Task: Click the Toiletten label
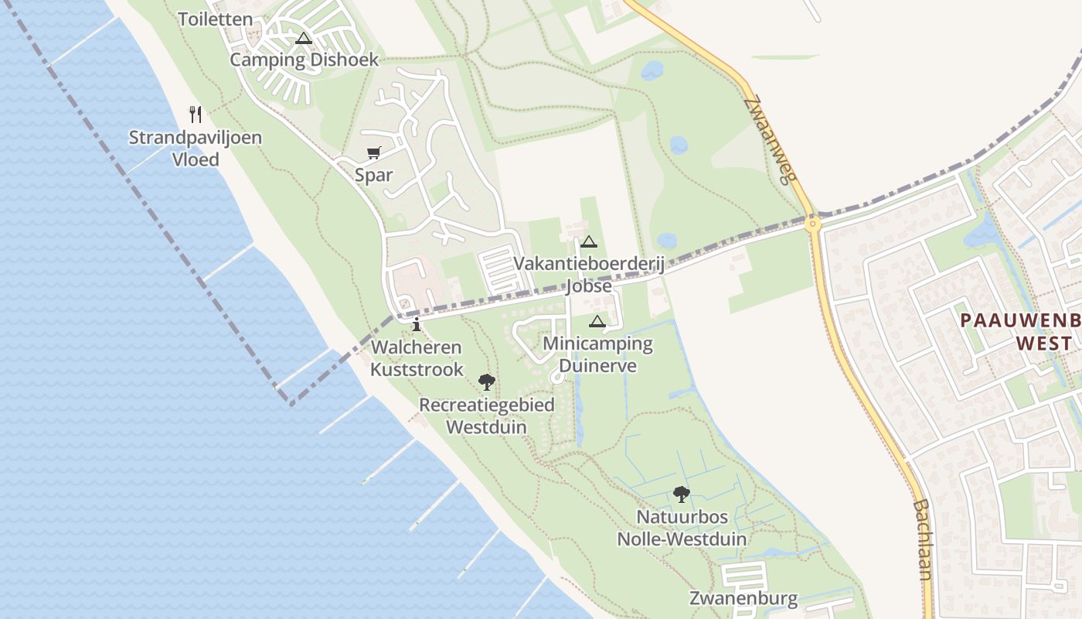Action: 216,19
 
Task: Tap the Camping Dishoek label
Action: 305,60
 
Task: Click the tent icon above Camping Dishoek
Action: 304,38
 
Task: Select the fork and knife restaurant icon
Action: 196,115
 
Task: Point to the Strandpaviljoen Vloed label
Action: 195,149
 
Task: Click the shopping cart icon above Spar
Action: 374,152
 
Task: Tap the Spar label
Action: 374,175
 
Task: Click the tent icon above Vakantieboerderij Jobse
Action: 589,241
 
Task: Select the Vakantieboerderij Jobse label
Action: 590,275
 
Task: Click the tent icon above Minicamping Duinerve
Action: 597,321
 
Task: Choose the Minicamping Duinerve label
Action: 597,354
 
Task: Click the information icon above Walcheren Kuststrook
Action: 417,324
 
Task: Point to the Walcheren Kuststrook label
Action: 416,358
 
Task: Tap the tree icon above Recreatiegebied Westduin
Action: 486,381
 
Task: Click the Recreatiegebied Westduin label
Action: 487,416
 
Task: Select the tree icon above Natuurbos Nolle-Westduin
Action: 681,494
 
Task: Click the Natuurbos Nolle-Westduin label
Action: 682,528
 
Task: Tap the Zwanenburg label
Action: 743,598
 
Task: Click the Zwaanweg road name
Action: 771,140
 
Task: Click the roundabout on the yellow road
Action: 812,224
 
